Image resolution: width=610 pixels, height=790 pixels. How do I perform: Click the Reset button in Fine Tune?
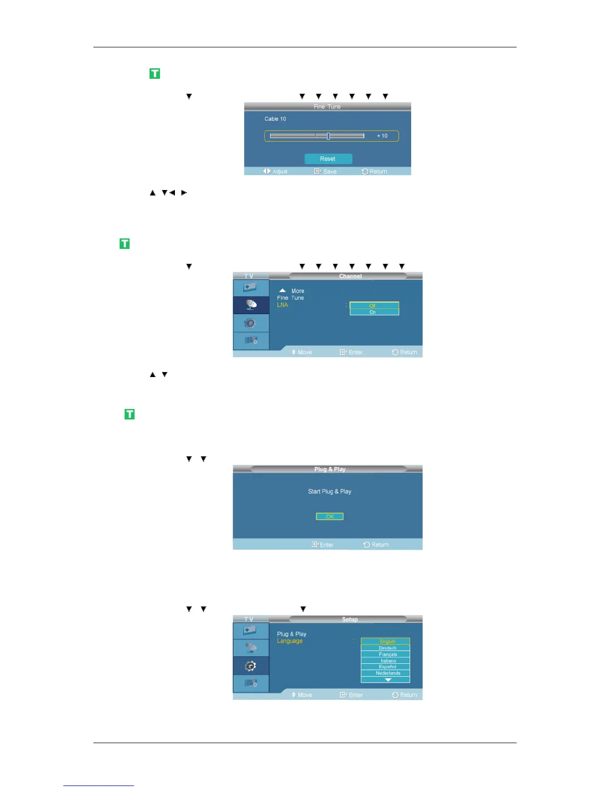coord(328,159)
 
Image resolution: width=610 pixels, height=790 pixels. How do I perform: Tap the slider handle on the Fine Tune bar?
coord(328,136)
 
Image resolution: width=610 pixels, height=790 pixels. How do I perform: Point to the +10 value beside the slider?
coord(382,136)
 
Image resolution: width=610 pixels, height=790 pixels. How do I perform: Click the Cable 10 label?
coord(275,119)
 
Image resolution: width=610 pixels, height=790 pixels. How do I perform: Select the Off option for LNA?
coord(374,306)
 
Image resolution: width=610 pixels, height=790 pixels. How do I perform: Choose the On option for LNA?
coord(374,312)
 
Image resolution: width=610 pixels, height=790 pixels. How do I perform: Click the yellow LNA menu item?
coord(283,305)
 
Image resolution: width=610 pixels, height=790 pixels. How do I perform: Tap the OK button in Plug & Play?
coord(329,517)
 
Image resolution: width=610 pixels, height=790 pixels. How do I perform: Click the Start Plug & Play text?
coord(329,491)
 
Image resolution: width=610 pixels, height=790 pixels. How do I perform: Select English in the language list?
coord(386,641)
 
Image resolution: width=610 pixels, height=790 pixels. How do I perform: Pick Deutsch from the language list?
coord(386,648)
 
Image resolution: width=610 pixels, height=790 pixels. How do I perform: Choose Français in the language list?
coord(386,654)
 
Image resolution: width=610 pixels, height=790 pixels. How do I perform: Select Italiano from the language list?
coord(386,661)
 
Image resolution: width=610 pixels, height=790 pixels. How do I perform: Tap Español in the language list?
coord(386,667)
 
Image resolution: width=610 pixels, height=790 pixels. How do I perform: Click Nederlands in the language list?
coord(386,673)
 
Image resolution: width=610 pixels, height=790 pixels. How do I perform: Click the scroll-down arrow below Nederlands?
coord(388,680)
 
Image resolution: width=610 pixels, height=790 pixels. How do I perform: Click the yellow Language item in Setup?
coord(290,641)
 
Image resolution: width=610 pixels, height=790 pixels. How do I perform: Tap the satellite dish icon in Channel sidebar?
coord(251,305)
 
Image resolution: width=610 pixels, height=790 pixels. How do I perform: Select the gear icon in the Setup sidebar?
coord(251,666)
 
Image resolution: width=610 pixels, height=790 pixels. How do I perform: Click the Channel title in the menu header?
coord(350,276)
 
